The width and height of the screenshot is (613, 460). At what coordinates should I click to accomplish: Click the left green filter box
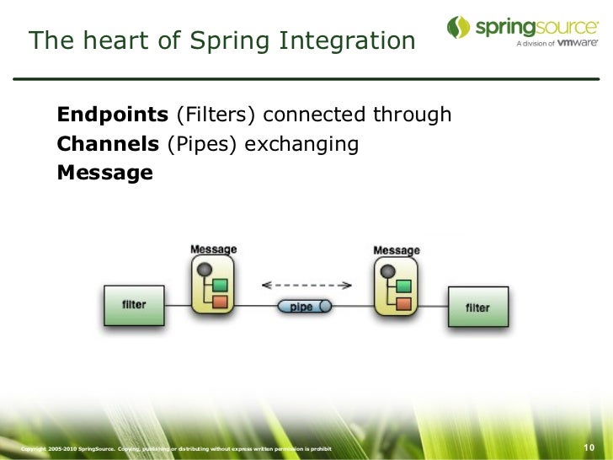tap(134, 305)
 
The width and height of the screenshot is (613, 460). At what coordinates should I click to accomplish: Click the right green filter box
tap(477, 308)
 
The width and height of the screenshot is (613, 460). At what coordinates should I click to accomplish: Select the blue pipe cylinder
tap(304, 307)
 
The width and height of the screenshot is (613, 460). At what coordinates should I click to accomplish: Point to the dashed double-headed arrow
tap(304, 285)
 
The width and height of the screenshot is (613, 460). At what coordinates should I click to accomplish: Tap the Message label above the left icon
tap(213, 249)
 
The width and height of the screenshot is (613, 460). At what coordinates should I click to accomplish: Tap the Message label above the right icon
tap(396, 250)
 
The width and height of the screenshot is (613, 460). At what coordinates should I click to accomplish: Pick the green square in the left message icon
tap(220, 285)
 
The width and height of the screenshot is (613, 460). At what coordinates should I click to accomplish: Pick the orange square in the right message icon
tap(403, 302)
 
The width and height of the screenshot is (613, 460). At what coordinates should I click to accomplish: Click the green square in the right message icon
tap(403, 286)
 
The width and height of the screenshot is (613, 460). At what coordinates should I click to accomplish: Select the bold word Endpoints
tap(113, 115)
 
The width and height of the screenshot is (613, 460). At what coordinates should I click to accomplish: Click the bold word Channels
tap(108, 144)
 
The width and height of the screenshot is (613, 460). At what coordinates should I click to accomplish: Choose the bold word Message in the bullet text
tap(104, 173)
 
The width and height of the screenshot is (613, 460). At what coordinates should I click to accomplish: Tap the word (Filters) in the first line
tap(215, 115)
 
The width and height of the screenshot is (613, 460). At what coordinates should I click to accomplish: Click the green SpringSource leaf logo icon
tap(458, 27)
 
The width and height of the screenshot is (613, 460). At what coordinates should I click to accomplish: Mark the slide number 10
tap(589, 447)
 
